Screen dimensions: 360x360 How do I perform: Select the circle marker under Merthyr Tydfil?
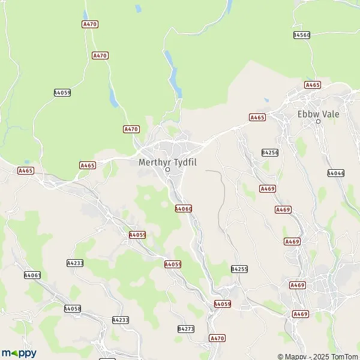click(168, 169)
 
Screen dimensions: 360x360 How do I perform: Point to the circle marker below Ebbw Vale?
click(319, 122)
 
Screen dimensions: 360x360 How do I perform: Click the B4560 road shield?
click(302, 35)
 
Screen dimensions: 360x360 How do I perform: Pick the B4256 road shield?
click(270, 152)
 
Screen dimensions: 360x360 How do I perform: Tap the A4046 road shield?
click(336, 173)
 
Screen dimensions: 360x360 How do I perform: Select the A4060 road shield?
click(183, 208)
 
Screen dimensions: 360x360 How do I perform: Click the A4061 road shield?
click(32, 275)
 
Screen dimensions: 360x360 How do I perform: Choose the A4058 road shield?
click(72, 308)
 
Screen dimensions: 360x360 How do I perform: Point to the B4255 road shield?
click(239, 269)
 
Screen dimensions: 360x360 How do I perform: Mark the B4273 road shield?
click(186, 329)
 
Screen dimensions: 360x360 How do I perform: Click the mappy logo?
click(19, 353)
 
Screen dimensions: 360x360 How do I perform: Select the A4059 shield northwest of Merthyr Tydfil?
click(62, 92)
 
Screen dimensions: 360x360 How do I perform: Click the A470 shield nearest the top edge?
click(90, 23)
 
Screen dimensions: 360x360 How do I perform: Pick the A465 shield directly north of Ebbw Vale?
click(313, 85)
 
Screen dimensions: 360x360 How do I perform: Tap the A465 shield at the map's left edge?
click(26, 170)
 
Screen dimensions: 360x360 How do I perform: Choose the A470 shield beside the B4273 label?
click(217, 338)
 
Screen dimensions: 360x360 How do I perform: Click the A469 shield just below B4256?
click(268, 188)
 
